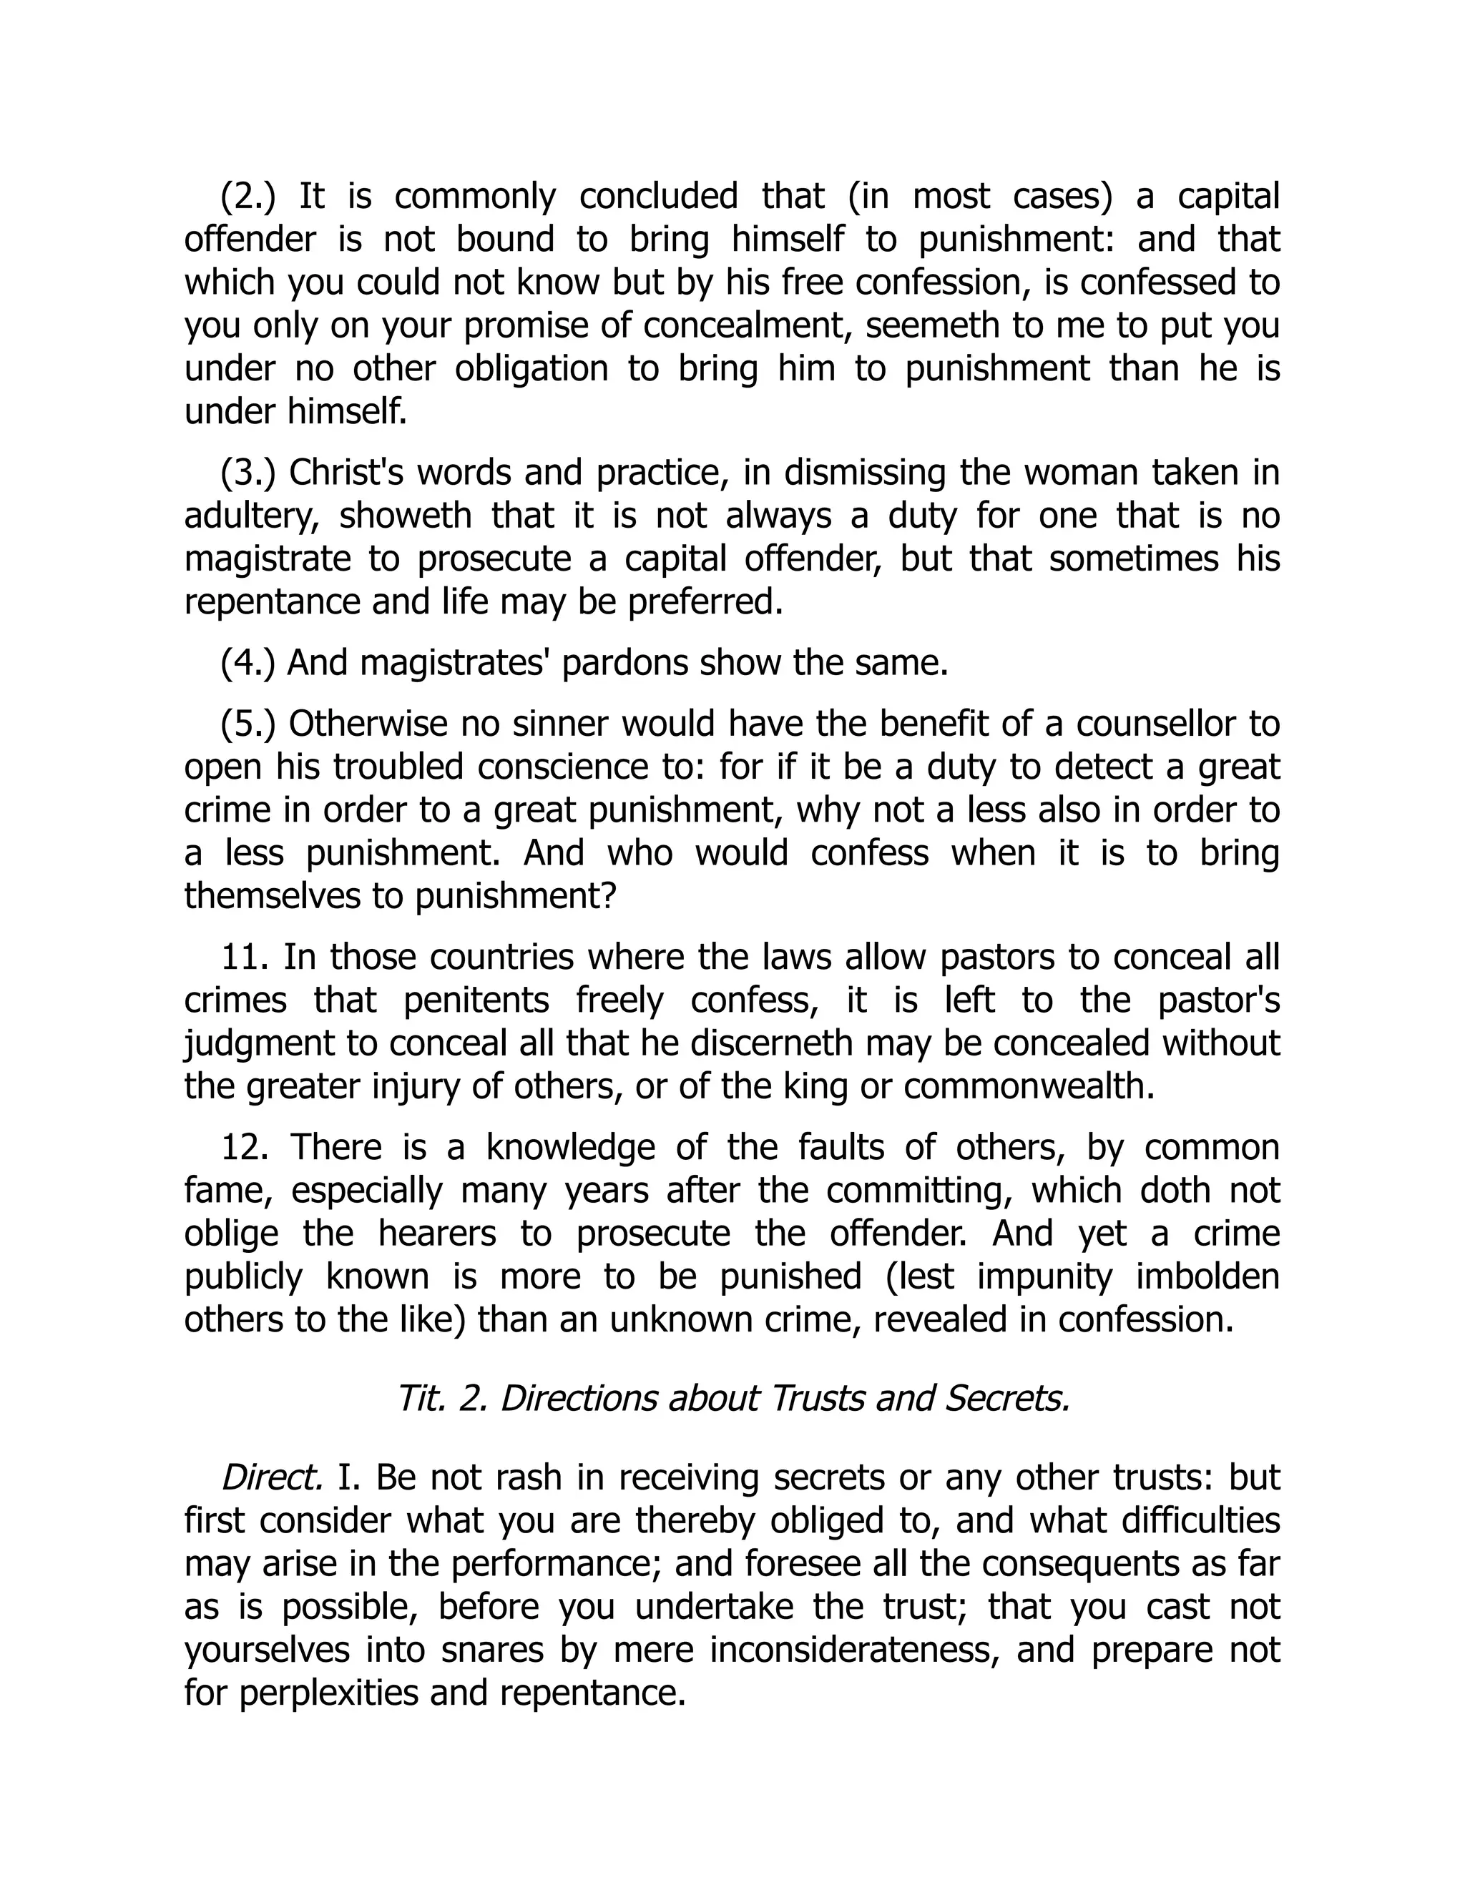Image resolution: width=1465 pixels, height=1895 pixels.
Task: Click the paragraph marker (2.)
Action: tap(248, 197)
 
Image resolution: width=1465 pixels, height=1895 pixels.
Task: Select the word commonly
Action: tap(475, 197)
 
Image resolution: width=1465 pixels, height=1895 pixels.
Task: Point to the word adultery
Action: tap(250, 516)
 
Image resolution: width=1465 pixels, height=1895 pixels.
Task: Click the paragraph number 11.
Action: tap(240, 957)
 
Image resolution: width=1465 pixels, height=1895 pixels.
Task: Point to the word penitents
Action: tap(476, 1000)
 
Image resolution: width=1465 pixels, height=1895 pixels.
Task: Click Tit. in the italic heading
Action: tap(420, 1399)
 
